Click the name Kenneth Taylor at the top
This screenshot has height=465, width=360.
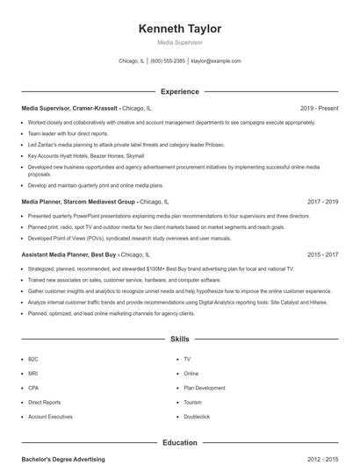pyautogui.click(x=179, y=29)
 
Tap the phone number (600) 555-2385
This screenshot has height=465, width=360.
pyautogui.click(x=168, y=61)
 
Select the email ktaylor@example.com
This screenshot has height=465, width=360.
pyautogui.click(x=216, y=61)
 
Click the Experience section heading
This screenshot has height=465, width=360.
pyautogui.click(x=179, y=91)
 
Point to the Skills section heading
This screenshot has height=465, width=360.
pyautogui.click(x=179, y=338)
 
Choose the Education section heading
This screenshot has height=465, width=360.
pyautogui.click(x=179, y=443)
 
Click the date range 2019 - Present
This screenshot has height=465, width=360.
pyautogui.click(x=319, y=108)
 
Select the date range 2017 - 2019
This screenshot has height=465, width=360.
pyautogui.click(x=322, y=201)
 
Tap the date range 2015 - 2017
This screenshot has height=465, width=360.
pyautogui.click(x=322, y=254)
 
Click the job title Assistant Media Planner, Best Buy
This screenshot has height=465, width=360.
pyautogui.click(x=76, y=254)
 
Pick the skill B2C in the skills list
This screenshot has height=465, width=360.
pyautogui.click(x=33, y=359)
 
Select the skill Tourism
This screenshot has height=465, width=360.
pyautogui.click(x=193, y=402)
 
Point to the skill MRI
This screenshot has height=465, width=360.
pyautogui.click(x=33, y=373)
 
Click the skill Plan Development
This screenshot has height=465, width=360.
pyautogui.click(x=204, y=387)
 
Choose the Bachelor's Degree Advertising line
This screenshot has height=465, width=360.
pyautogui.click(x=63, y=459)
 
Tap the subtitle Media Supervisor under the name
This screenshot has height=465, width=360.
pyautogui.click(x=179, y=42)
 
